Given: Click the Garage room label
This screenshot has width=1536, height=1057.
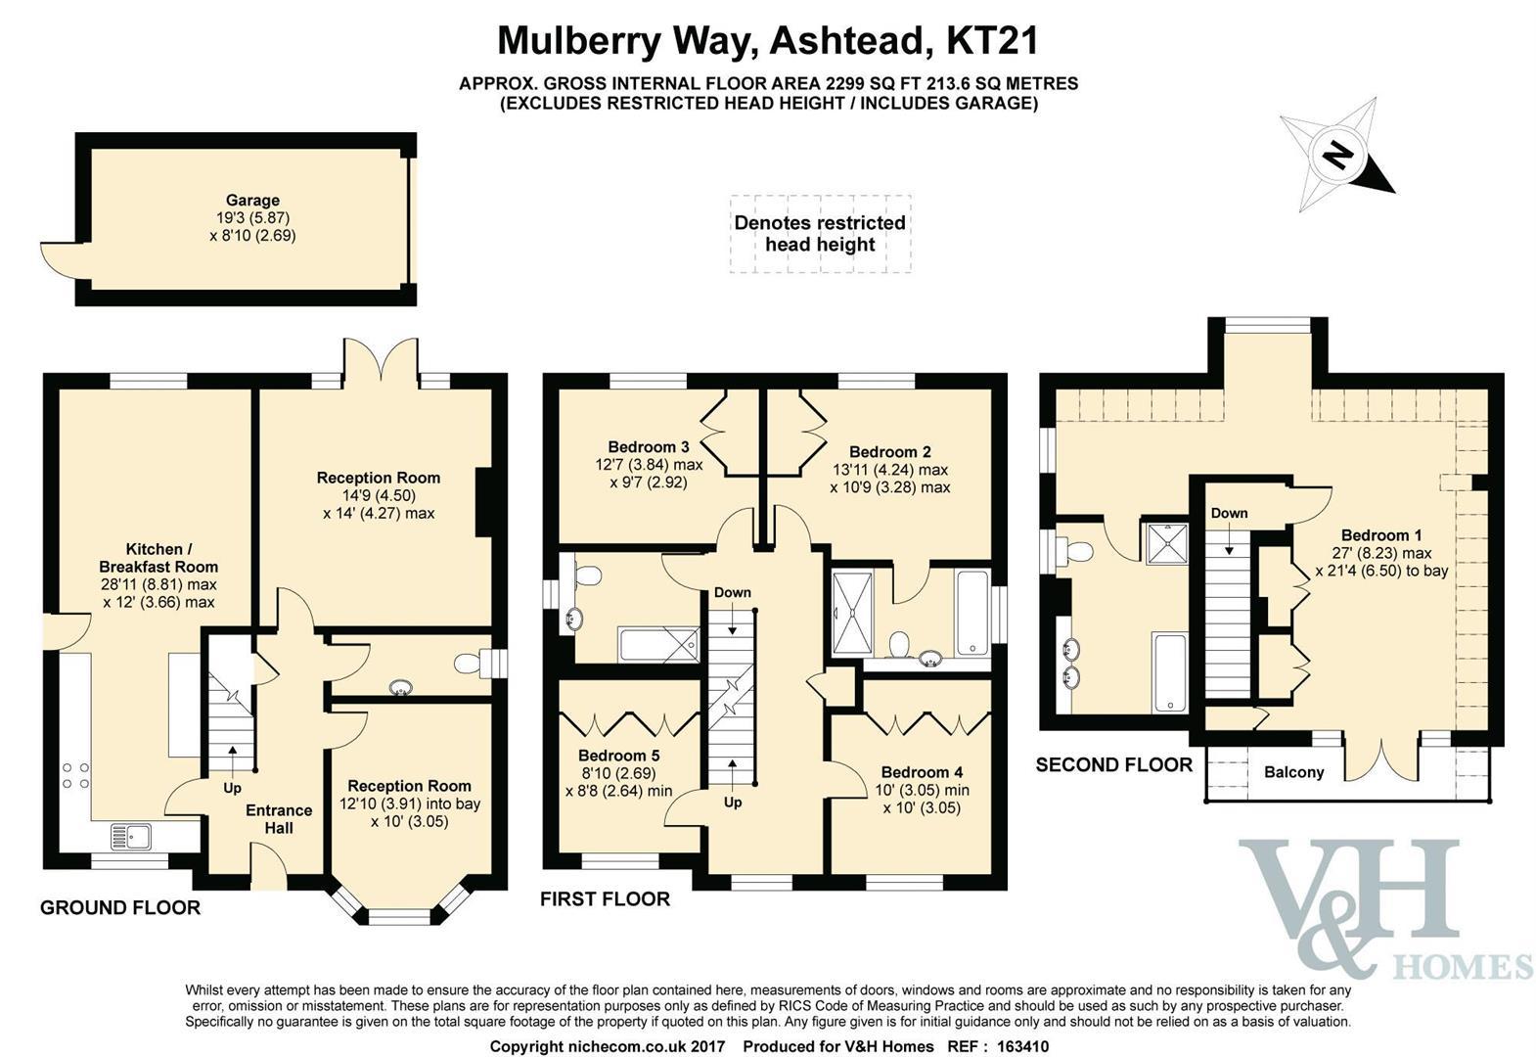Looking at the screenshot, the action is tap(253, 201).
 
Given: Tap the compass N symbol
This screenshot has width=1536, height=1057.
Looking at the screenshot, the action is tap(1335, 158).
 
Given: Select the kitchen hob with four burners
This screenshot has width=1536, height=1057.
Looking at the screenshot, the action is tap(75, 775).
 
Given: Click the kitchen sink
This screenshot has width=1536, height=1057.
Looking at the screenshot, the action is tap(131, 837).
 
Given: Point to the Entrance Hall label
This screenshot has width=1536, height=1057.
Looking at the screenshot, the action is tap(279, 819).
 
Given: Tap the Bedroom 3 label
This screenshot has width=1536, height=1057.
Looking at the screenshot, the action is tap(649, 447).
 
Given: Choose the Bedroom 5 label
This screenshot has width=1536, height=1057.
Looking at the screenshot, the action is tap(618, 756).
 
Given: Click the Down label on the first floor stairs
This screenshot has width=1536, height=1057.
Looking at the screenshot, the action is tap(733, 592).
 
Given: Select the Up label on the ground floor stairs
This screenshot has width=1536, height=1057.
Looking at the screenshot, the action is tap(233, 788).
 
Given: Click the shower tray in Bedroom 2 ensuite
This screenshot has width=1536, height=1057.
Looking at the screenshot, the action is tap(853, 613).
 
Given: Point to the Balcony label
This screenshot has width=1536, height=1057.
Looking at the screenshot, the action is tap(1294, 772).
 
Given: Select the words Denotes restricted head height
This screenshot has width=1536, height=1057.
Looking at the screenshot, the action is tap(820, 233).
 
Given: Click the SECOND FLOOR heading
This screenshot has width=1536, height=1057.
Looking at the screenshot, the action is tap(1114, 764).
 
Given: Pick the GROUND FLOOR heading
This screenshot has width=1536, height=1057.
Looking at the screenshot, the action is tap(120, 908).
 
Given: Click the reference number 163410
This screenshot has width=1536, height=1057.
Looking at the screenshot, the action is tap(1022, 1046).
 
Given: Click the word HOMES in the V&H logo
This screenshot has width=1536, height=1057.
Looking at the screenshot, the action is tap(1464, 967).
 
